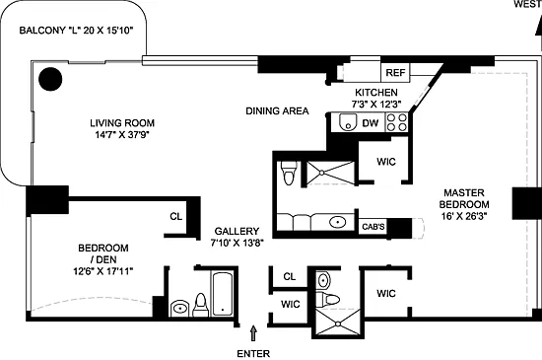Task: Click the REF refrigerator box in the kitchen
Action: pos(395,73)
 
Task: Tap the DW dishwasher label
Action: pos(371,123)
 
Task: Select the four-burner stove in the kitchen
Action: pos(396,122)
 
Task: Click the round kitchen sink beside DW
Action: pos(348,122)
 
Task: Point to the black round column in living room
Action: pos(50,79)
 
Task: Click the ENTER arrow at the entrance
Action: pos(253,333)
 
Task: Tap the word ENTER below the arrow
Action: pos(253,354)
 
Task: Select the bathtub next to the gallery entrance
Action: pos(223,294)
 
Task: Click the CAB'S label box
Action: pos(373,227)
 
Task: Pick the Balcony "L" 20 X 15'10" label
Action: pos(76,31)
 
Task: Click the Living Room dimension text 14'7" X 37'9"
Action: pos(122,134)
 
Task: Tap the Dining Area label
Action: pos(277,111)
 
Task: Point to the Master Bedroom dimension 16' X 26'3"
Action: pos(464,216)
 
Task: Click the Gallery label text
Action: pos(237,231)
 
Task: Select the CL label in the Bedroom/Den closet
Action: pos(176,216)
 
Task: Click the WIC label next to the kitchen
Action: pos(386,162)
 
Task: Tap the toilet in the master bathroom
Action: pos(289,173)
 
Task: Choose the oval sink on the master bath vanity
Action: pos(338,222)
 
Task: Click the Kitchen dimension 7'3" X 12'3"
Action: pos(376,105)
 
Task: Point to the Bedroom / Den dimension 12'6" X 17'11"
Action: pos(103,271)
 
